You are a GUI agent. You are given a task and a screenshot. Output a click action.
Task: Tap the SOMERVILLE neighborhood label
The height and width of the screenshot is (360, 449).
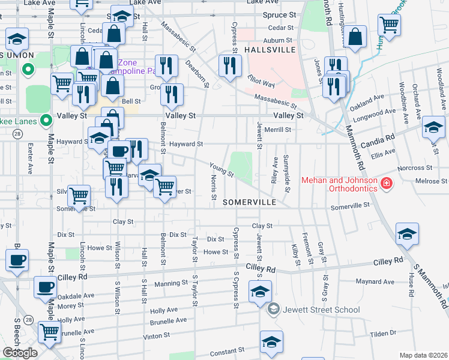[x=249, y=202]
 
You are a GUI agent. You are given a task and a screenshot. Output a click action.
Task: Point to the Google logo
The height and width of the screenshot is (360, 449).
[x=20, y=353]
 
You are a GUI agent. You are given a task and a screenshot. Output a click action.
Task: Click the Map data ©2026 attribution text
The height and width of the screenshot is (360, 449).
[x=423, y=355]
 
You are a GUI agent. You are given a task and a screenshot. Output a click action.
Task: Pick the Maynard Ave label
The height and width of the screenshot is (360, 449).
[x=375, y=281]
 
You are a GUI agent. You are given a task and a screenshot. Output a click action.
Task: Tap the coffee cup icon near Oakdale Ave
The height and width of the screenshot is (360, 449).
[x=45, y=287]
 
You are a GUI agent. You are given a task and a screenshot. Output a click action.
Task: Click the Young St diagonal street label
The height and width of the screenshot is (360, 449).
[x=221, y=170]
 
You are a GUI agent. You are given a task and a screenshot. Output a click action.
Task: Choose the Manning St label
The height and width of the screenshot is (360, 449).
[x=167, y=283]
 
